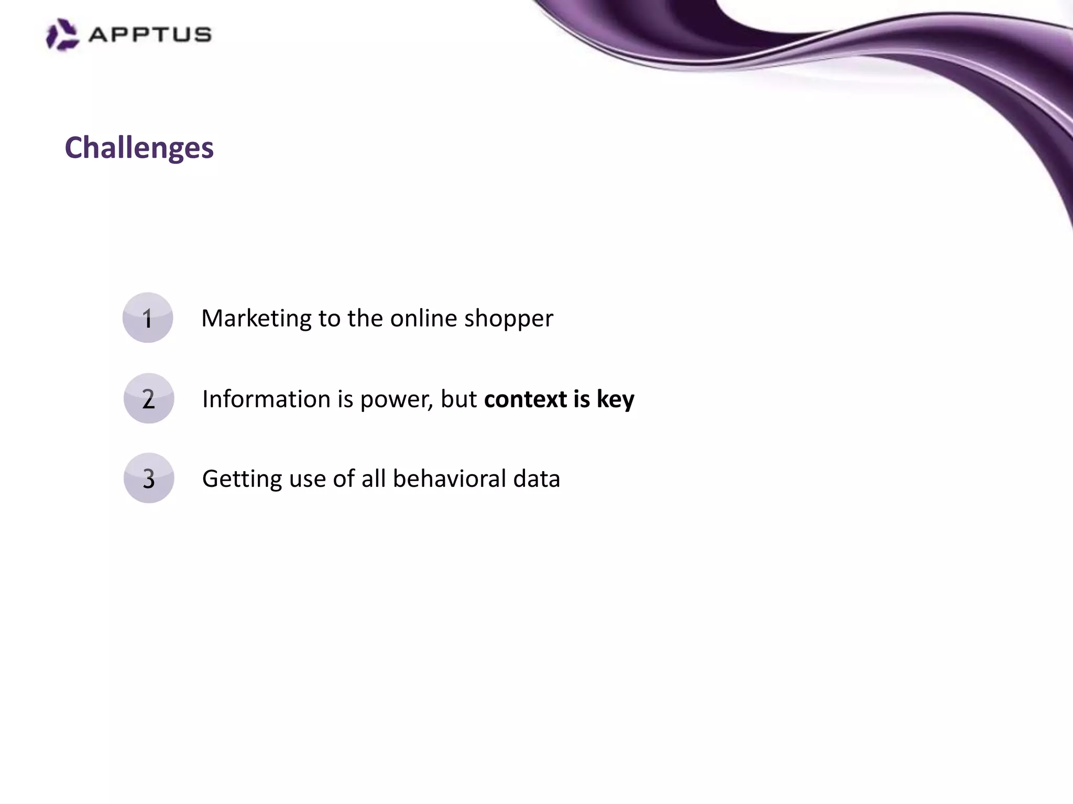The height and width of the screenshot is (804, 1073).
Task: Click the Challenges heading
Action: pos(139,148)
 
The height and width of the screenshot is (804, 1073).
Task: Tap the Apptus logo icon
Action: pos(62,35)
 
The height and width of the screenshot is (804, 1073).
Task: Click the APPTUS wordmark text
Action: pos(150,35)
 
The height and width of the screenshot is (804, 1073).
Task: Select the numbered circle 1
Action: pos(148,318)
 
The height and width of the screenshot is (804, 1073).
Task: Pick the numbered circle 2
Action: pos(149,398)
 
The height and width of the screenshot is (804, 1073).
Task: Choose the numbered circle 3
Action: pos(149,478)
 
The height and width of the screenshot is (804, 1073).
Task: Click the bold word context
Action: pos(525,399)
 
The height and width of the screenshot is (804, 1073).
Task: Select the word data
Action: pos(536,478)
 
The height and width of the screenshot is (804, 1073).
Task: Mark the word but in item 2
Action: pos(458,399)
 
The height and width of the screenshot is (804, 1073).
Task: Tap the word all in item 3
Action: pos(374,478)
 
